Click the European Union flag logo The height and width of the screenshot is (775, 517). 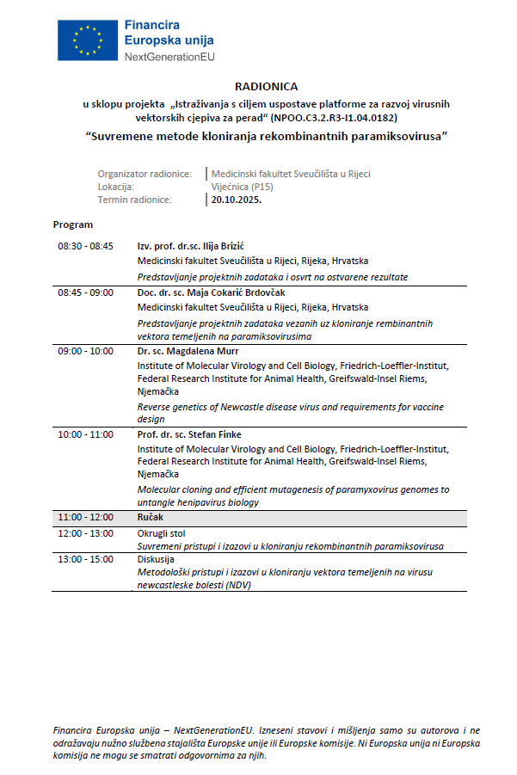pos(86,40)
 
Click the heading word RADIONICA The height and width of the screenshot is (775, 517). pos(267,87)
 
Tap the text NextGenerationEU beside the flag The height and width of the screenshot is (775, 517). pos(169,56)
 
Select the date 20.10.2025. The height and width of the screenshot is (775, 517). pos(237,200)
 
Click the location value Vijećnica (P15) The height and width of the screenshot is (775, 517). pos(242,186)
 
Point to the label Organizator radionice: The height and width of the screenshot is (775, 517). pos(145,173)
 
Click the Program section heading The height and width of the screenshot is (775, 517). pos(73,225)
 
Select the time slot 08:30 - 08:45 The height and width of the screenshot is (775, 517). pos(85,245)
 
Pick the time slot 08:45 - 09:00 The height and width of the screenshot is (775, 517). pos(85,292)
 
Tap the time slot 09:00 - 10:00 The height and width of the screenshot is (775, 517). pos(85,351)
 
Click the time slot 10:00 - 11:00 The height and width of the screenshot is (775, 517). pos(85,434)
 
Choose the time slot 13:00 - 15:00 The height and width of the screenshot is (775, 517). pos(85,559)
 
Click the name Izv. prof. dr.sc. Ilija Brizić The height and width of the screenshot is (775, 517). pos(192,245)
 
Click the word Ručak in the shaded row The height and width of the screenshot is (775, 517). pos(151,518)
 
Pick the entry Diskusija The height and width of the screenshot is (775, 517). pos(156,559)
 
